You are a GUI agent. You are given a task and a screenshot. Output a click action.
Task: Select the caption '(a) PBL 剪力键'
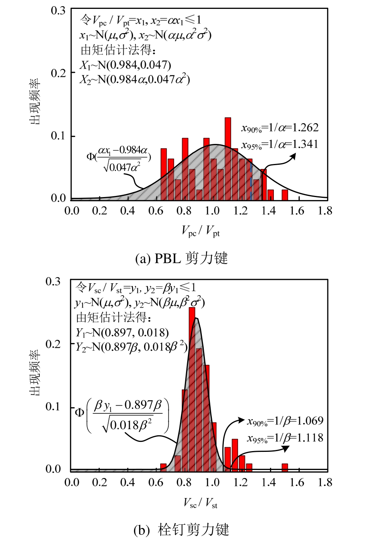(x=181, y=258)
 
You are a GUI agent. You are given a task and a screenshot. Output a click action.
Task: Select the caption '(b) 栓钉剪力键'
(x=181, y=530)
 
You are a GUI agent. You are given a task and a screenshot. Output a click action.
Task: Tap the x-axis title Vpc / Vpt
(x=201, y=231)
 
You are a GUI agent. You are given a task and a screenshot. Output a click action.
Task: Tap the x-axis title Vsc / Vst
(x=201, y=503)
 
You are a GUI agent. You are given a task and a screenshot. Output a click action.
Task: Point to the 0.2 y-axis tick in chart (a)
(x=58, y=73)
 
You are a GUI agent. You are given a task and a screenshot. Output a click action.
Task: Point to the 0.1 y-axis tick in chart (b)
(x=53, y=406)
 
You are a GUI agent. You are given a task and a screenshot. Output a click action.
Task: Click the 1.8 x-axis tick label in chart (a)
(x=325, y=211)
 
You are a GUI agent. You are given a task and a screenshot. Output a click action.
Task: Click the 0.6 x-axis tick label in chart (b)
(x=156, y=482)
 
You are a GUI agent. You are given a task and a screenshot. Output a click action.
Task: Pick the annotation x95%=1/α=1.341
(x=280, y=144)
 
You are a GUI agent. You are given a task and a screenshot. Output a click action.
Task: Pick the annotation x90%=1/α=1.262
(x=280, y=128)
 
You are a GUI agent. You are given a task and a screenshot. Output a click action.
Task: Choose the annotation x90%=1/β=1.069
(x=285, y=421)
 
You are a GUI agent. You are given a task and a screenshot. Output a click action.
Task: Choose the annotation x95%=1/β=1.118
(x=285, y=438)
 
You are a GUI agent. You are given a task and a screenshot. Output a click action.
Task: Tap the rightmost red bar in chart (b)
(x=285, y=467)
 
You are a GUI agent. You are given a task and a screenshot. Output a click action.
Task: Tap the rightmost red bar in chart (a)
(x=285, y=195)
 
